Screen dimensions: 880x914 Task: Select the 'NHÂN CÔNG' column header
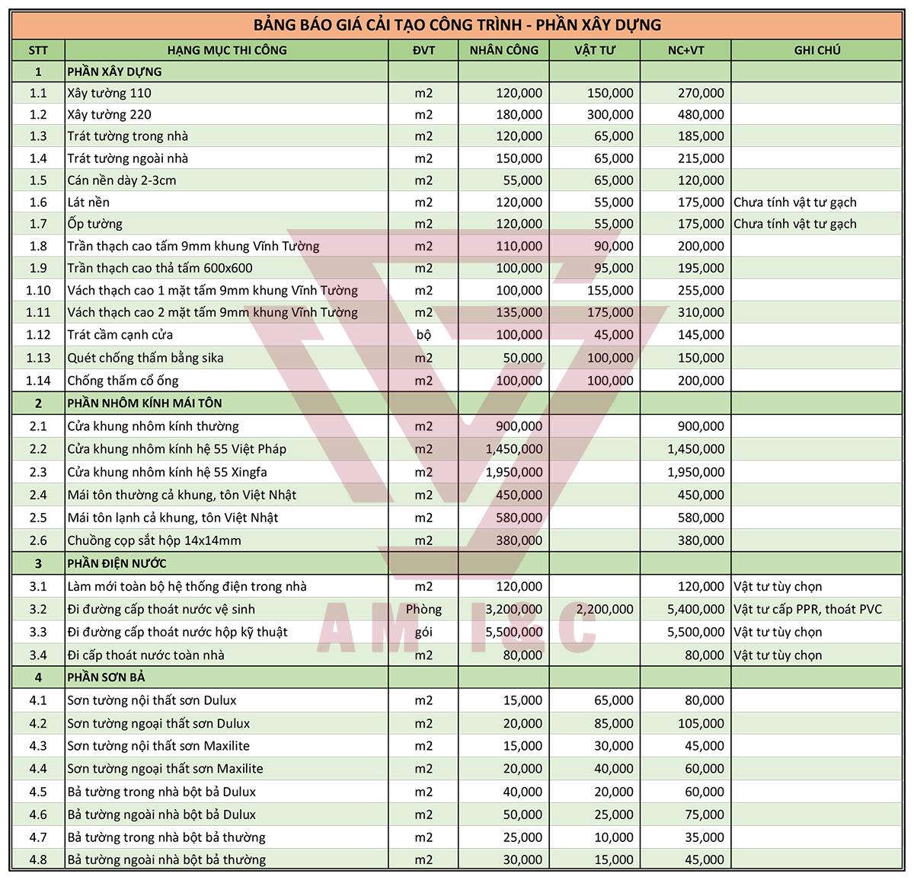coord(503,50)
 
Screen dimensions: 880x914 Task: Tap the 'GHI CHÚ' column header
coord(817,50)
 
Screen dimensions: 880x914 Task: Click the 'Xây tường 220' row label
coord(109,115)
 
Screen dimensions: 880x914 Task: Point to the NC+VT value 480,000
coord(701,115)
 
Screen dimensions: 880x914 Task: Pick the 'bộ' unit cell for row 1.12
coord(423,335)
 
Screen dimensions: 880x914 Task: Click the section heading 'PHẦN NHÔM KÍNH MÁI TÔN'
coord(145,403)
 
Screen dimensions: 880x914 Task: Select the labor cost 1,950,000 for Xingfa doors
coord(514,472)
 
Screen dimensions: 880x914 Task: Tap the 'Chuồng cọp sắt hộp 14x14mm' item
coord(154,540)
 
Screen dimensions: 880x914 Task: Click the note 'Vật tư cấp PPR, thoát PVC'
coord(807,609)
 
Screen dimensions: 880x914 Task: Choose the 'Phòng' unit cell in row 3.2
coord(423,609)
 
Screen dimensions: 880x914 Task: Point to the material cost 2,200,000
coord(605,609)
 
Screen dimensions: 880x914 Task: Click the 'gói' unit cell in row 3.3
coord(423,632)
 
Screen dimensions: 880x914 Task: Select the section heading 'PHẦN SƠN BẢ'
coord(106,678)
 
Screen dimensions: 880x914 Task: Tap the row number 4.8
coord(38,860)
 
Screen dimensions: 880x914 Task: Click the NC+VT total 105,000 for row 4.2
coord(701,723)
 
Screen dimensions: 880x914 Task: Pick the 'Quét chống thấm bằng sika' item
coord(145,358)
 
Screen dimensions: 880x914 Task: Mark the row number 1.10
coord(38,291)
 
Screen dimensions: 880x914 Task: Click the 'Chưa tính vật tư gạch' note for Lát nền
coord(794,202)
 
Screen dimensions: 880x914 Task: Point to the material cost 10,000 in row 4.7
coord(613,837)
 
